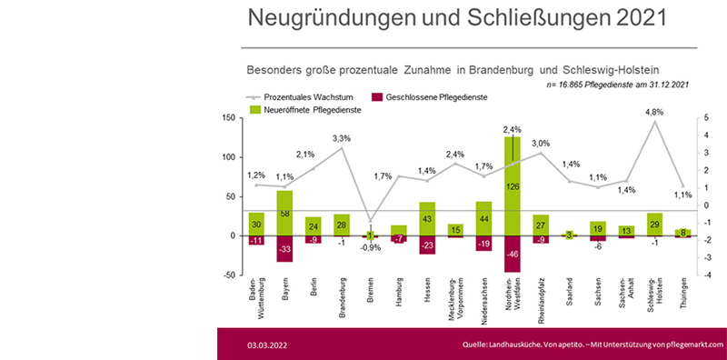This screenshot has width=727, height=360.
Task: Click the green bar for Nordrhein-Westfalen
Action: (x=512, y=186)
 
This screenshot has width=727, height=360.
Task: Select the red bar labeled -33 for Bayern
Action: (x=284, y=248)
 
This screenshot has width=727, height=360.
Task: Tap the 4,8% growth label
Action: (x=654, y=112)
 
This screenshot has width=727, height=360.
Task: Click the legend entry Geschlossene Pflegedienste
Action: (x=436, y=96)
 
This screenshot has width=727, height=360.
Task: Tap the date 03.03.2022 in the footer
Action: (x=269, y=345)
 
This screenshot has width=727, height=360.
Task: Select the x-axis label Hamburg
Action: (x=398, y=299)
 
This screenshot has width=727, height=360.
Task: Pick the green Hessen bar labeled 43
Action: (x=427, y=219)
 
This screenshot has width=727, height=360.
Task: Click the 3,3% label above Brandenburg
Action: (x=343, y=138)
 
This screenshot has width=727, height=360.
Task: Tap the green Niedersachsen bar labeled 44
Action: (x=483, y=218)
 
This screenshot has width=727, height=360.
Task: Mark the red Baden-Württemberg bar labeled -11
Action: (x=256, y=240)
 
